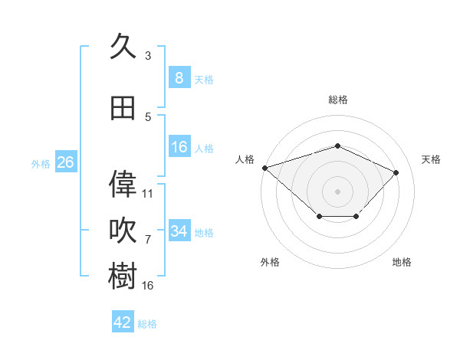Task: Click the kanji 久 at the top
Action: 123,46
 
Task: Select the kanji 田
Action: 123,108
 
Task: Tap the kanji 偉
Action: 123,184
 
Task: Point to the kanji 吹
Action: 123,230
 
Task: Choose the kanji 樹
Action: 123,276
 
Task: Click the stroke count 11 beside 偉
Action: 147,194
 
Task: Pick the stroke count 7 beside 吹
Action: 148,240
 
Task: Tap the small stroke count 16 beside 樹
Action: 147,285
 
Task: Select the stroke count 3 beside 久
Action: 148,55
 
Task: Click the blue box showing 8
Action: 179,77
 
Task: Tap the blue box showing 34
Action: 179,230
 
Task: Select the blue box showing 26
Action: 66,162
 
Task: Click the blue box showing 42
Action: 123,321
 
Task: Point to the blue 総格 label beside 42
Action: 147,324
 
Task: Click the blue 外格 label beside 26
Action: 41,164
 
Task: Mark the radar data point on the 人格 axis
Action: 265,168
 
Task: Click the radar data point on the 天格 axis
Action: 396,172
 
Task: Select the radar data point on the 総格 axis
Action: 337,146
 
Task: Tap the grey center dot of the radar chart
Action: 337,191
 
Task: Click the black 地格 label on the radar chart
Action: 402,262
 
